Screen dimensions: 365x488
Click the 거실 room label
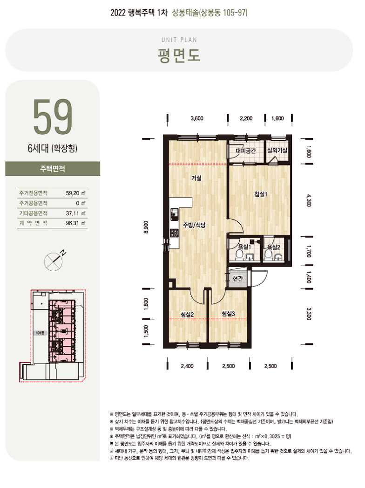pos(196,178)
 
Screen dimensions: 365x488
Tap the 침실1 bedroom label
pos(261,194)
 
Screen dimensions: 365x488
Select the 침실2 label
pos(187,314)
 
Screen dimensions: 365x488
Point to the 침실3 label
pos(228,314)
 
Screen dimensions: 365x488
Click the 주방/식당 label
pos(194,225)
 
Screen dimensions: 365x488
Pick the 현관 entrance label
pos(237,279)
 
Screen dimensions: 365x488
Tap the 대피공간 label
pos(246,151)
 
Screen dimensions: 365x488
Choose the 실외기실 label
pos(277,151)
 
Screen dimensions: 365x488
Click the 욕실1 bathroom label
pos(244,247)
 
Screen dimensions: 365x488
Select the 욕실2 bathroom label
pos(274,247)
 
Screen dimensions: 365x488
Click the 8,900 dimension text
pos(146,227)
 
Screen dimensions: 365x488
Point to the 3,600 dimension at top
pos(197,118)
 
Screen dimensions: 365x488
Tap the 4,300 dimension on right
pos(308,200)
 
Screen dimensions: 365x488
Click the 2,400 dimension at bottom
pos(187,366)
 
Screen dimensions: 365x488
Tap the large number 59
pos(53,117)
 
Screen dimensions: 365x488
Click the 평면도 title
pos(179,55)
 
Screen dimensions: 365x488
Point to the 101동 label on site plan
pos(41,333)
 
